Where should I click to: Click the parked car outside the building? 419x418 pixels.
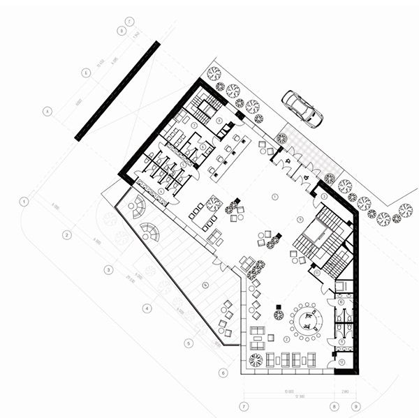click(302, 108)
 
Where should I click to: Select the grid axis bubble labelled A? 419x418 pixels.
click(48, 110)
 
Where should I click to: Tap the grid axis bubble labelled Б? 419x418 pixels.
click(85, 72)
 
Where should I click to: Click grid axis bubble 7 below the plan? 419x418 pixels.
click(244, 405)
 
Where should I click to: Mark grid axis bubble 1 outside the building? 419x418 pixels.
click(24, 202)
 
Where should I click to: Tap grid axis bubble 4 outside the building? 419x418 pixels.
click(147, 308)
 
